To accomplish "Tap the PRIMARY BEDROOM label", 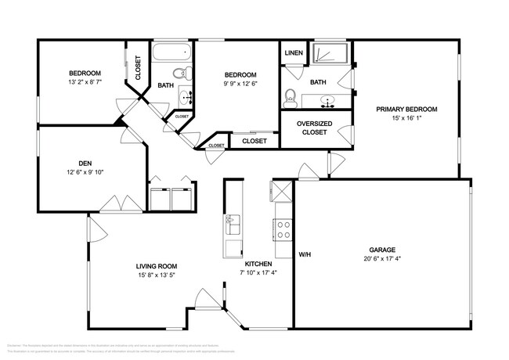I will click(406, 109).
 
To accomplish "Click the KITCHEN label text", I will click(258, 265).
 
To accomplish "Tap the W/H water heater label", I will click(305, 254).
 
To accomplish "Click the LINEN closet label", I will click(294, 53).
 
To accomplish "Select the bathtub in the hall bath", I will click(171, 54).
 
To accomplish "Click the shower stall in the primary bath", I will click(331, 54).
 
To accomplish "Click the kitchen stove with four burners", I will click(283, 229).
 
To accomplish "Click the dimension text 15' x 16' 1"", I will click(406, 119).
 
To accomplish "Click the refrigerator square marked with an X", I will click(281, 190).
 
